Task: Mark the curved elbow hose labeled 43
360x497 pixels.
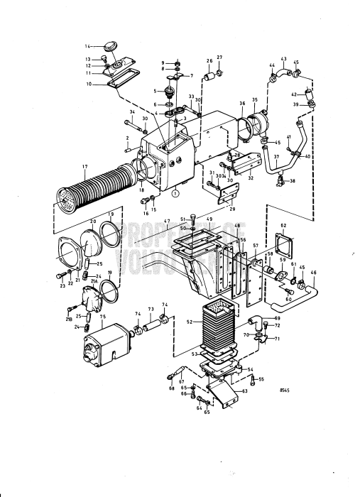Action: coord(284,71)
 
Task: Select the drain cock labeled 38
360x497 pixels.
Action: coord(281,180)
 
